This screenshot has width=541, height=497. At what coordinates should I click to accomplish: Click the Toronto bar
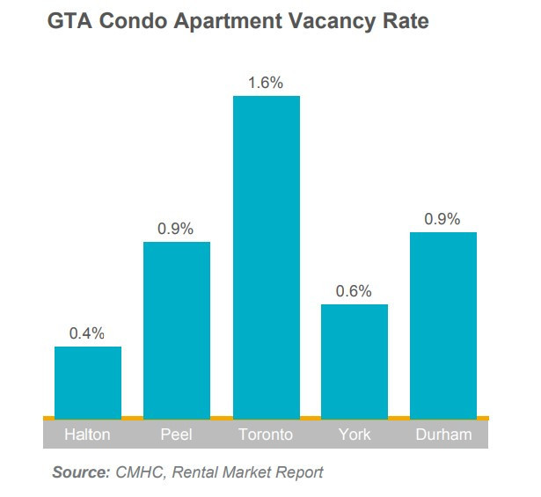(266, 255)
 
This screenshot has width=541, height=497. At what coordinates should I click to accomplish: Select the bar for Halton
(88, 382)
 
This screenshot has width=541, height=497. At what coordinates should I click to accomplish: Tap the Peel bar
(177, 329)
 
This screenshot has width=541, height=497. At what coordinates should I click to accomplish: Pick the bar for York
(354, 361)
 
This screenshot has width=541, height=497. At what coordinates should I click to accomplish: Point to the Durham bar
(442, 325)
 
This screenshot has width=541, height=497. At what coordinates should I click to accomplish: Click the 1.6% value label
(266, 84)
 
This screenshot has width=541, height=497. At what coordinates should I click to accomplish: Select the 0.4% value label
(88, 333)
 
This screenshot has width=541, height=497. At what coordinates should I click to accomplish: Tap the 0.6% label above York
(354, 291)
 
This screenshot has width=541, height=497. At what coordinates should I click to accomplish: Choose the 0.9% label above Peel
(177, 229)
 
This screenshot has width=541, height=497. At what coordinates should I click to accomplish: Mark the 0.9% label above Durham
(442, 219)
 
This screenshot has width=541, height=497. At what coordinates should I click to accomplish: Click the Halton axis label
(88, 435)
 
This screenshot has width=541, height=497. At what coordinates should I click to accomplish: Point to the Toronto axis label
(266, 435)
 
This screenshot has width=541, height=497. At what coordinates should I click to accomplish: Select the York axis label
(354, 435)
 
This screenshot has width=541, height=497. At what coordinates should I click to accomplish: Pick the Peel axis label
(177, 435)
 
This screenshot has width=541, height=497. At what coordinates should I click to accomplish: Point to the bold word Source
(80, 472)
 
